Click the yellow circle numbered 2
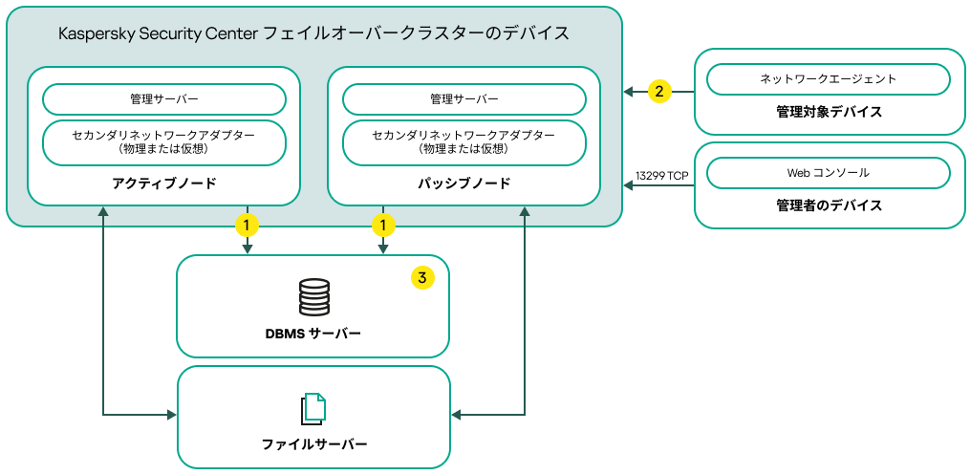click(x=658, y=92)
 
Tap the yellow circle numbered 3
click(x=421, y=278)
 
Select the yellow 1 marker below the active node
click(x=248, y=226)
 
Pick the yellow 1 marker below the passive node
click(x=383, y=226)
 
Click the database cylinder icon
click(x=313, y=297)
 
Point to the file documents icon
click(x=313, y=408)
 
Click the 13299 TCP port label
click(x=661, y=176)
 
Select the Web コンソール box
click(x=828, y=173)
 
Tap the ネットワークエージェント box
click(x=828, y=78)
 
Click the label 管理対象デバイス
click(x=829, y=112)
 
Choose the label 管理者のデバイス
click(x=829, y=205)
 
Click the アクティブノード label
click(x=164, y=183)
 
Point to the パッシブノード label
click(x=464, y=183)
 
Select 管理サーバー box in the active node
click(x=164, y=99)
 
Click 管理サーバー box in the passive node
click(x=464, y=99)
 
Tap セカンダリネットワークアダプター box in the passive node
click(x=464, y=142)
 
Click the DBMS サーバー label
click(x=313, y=334)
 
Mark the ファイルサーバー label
click(x=314, y=444)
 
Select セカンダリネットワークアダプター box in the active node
click(x=164, y=142)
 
